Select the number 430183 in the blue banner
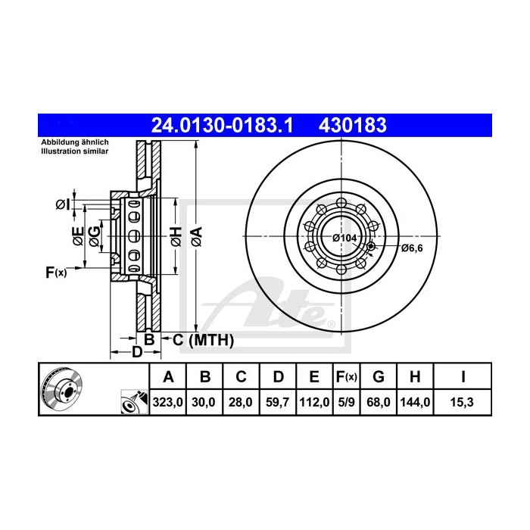point(356,124)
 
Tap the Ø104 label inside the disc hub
point(344,238)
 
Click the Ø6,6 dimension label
point(413,248)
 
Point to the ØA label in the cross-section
point(195,236)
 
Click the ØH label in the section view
point(174,236)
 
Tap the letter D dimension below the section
point(137,352)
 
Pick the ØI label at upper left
point(63,204)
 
